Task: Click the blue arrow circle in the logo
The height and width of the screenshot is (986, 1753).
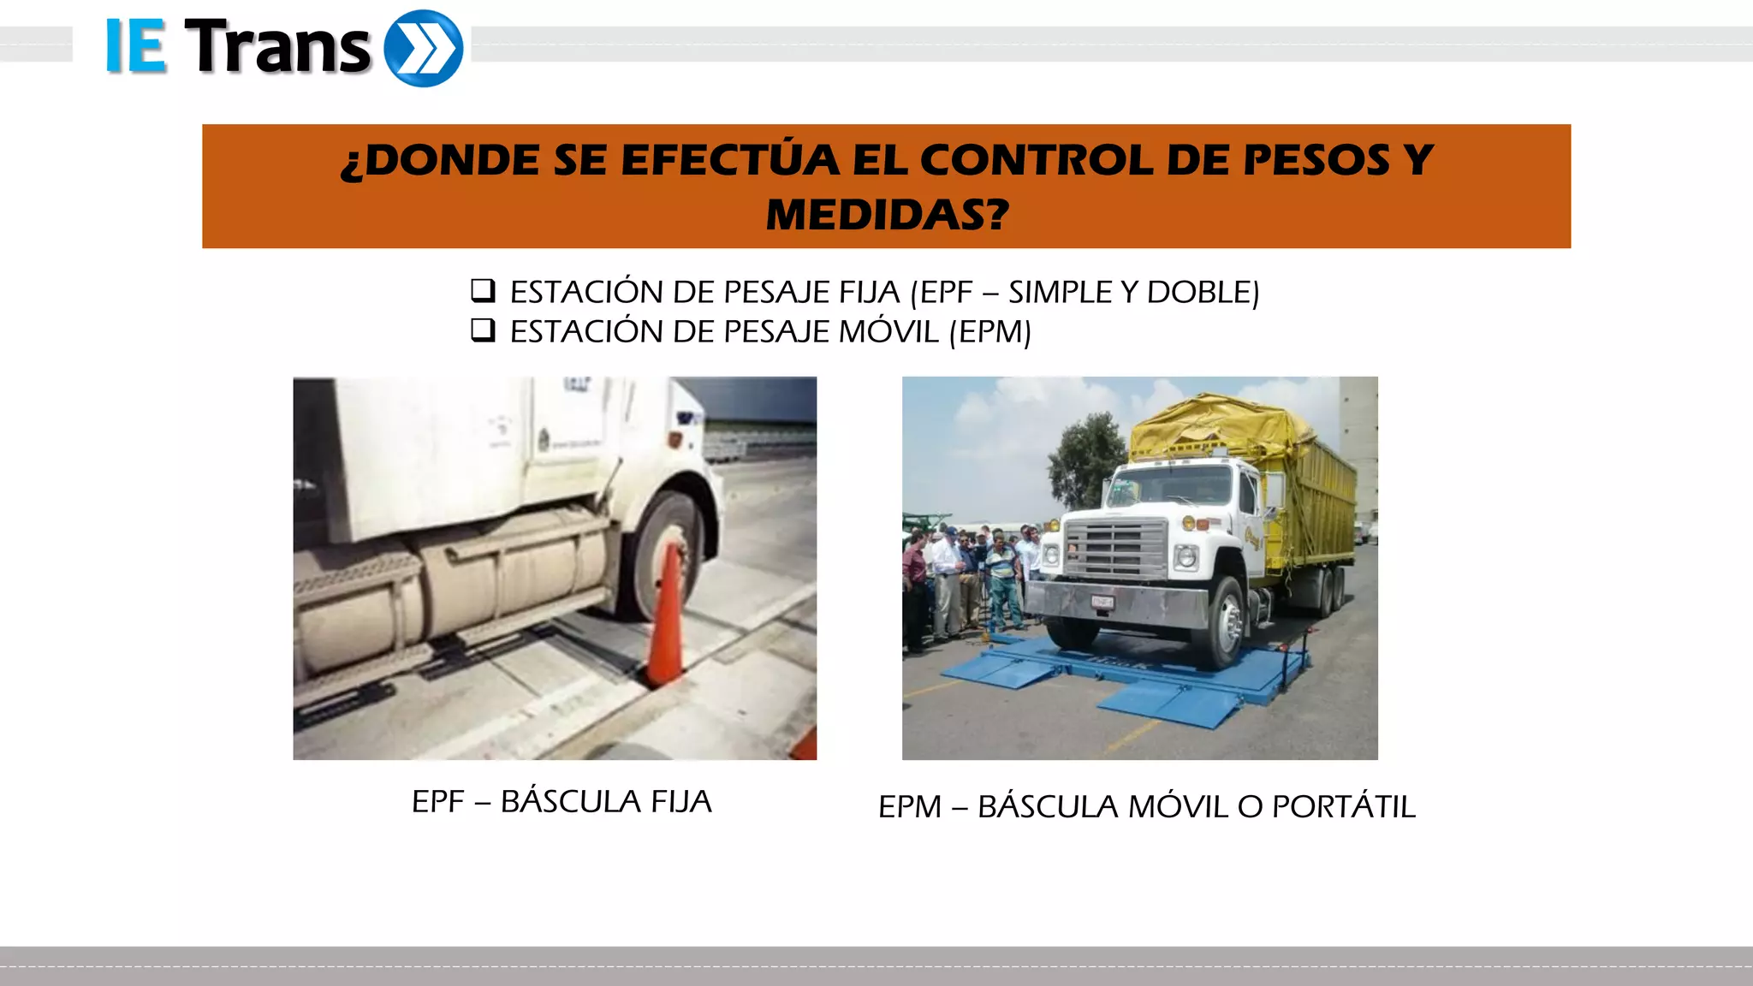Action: [x=423, y=48]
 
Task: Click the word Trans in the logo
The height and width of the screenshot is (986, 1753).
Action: [x=277, y=48]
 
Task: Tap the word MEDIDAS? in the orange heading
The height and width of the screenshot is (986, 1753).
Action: [x=887, y=214]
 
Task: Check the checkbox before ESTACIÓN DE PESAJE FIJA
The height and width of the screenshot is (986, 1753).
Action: [x=483, y=291]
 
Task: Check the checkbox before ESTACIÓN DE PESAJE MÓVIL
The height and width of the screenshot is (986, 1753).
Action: [x=483, y=330]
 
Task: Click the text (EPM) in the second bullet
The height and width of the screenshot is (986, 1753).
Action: [x=990, y=331]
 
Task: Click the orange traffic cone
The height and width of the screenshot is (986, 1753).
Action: [x=665, y=616]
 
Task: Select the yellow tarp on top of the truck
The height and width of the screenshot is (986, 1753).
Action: [x=1215, y=424]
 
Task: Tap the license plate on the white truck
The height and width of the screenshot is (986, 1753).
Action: [x=1102, y=603]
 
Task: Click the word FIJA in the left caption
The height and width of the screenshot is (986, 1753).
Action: [x=681, y=802]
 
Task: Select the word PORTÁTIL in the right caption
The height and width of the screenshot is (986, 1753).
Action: [x=1343, y=807]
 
